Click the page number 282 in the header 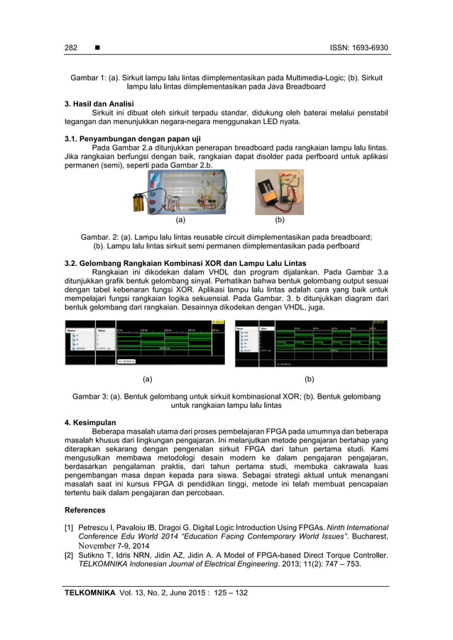pyautogui.click(x=70, y=48)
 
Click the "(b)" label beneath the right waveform pyautogui.click(x=309, y=379)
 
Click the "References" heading pyautogui.click(x=85, y=509)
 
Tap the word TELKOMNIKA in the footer pyautogui.click(x=89, y=592)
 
